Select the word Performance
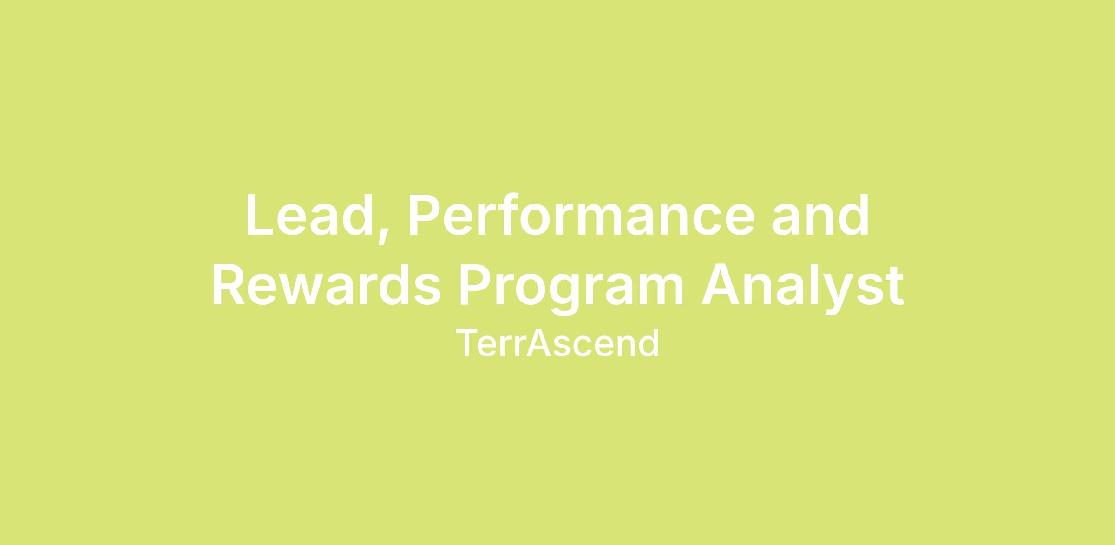(582, 215)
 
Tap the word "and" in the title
(820, 215)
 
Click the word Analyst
(803, 289)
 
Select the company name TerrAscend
(557, 343)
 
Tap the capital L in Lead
(260, 215)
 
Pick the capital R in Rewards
(229, 285)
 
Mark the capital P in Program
(475, 285)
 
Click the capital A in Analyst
(720, 285)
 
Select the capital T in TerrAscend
(467, 343)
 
